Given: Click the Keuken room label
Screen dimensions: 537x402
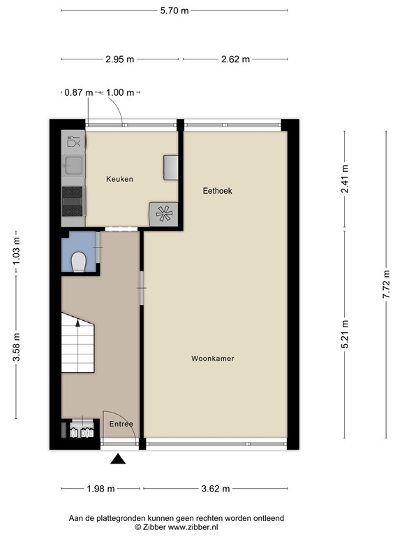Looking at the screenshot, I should click(119, 179).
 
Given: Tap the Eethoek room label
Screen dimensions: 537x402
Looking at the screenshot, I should click(217, 190).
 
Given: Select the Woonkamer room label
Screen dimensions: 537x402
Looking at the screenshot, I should click(212, 359).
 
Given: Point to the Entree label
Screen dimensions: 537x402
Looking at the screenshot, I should click(121, 424).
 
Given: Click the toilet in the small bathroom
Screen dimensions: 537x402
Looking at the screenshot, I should click(79, 262).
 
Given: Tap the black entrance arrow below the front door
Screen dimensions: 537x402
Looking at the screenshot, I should click(118, 459).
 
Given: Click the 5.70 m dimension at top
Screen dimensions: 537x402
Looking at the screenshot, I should click(173, 10).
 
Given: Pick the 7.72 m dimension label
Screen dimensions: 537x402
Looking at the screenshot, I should click(386, 285).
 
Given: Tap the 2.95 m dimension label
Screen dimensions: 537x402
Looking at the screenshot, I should click(120, 59).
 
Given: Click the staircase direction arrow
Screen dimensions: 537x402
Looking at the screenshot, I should click(77, 324).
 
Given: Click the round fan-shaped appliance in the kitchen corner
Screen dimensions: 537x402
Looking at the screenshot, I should click(163, 213).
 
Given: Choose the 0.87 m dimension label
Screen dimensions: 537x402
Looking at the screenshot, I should click(78, 92).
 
